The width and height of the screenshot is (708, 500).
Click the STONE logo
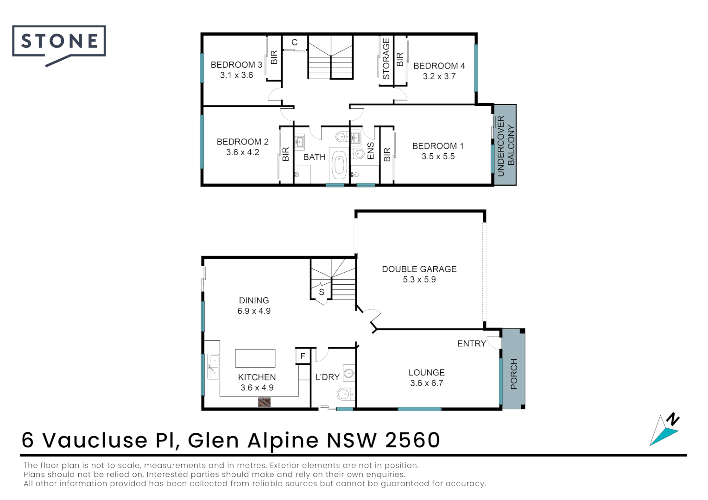[x=59, y=42]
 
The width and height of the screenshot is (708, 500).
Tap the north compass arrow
[x=665, y=431]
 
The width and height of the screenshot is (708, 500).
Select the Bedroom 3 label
[x=236, y=65]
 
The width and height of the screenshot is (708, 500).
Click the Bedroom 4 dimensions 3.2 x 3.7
[x=439, y=76]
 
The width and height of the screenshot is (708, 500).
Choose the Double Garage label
[x=419, y=269]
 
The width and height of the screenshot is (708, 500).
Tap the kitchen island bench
[x=255, y=358]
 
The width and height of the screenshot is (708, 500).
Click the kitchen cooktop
[x=264, y=402]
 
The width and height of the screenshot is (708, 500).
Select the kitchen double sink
[x=213, y=366]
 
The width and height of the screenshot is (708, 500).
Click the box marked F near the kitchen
[x=303, y=356]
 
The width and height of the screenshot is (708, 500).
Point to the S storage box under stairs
[x=322, y=292]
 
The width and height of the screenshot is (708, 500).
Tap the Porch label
[x=513, y=374]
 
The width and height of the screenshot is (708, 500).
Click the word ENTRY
[x=471, y=344]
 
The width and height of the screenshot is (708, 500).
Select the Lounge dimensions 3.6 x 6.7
[x=426, y=383]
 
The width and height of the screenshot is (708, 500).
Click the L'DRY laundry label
[x=328, y=377]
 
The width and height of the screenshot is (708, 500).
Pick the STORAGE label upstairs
[x=386, y=59]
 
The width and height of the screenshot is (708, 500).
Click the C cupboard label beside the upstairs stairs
[x=294, y=43]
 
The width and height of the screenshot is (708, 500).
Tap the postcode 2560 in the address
[x=412, y=440]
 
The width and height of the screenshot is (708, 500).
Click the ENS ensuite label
[x=370, y=151]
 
